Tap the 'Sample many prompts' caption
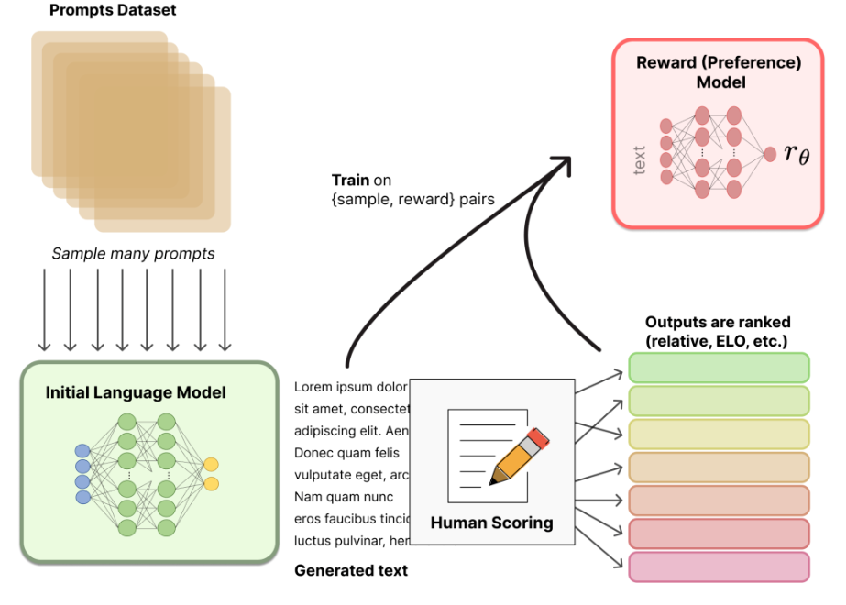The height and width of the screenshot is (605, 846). (133, 254)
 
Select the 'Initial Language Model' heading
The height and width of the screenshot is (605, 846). (136, 393)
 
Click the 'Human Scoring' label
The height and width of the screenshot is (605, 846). (491, 523)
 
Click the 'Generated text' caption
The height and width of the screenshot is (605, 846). (351, 570)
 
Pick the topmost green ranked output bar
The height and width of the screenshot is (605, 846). (719, 368)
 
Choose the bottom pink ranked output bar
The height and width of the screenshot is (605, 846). (719, 566)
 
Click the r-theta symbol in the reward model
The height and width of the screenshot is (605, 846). (797, 152)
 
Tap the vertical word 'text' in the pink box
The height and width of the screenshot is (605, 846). (640, 159)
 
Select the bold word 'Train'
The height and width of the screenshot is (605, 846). (350, 181)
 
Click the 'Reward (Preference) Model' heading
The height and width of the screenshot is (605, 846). (719, 72)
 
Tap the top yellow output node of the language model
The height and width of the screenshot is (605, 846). (212, 464)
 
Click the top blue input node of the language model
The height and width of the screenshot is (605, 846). (82, 450)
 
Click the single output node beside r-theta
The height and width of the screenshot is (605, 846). (769, 153)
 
